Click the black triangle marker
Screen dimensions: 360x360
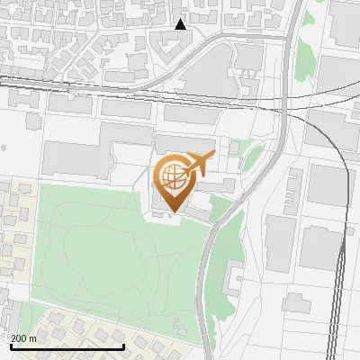181,24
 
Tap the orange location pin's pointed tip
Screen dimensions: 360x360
171,211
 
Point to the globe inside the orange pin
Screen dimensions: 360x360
171,175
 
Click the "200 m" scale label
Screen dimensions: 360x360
23,338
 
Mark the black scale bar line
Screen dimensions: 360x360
67,346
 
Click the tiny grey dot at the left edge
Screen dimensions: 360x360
4,147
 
